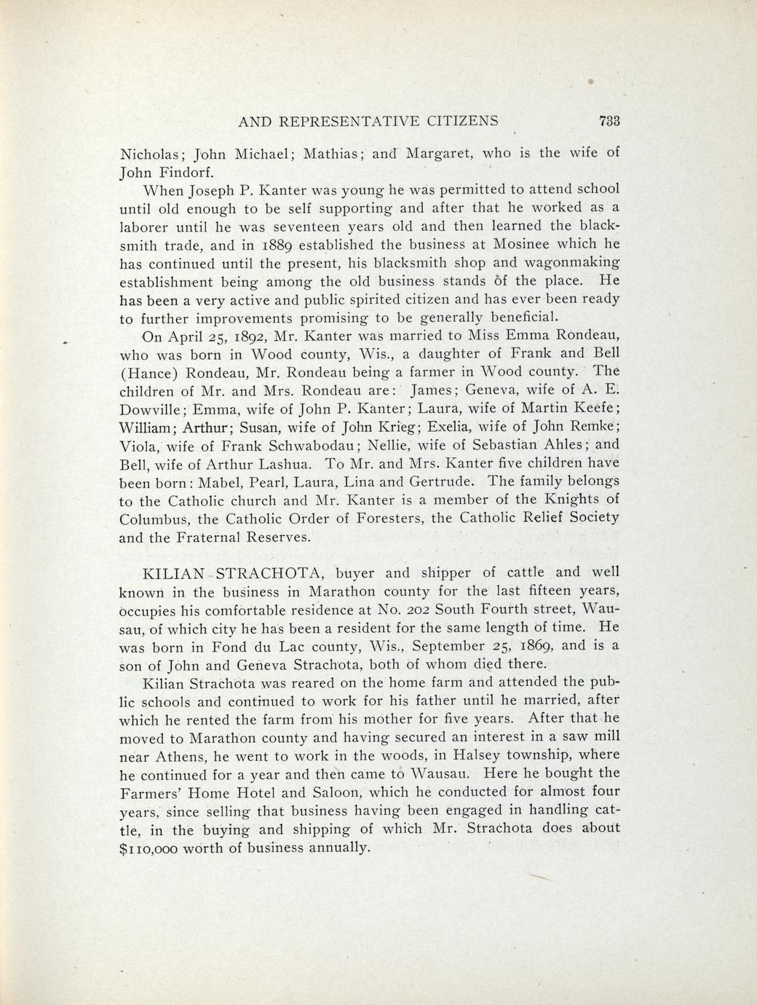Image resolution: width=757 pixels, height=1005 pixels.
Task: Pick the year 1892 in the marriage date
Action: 240,337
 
